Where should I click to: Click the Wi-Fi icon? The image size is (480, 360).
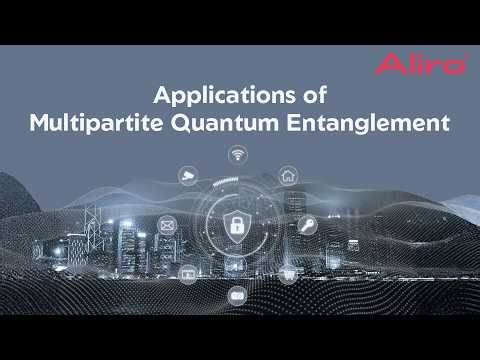237,154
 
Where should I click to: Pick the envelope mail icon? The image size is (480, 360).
166,226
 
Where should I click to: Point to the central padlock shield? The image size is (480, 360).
237,224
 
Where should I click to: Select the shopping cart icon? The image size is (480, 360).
288,271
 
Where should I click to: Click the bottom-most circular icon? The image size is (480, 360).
237,295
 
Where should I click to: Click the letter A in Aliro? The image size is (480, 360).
384,66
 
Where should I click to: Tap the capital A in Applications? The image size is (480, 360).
160,97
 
